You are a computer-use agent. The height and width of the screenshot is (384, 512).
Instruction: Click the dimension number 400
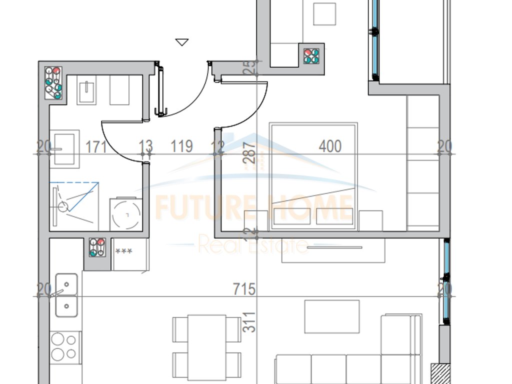coord(330,146)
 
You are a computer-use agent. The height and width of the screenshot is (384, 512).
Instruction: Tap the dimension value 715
coord(244,289)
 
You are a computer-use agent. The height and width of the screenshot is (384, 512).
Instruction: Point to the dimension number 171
coord(96,146)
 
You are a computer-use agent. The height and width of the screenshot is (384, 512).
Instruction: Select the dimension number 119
coord(181,146)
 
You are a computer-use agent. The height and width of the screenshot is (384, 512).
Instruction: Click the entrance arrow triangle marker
coord(182,42)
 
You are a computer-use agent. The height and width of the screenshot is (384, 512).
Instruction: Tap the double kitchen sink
coord(66,295)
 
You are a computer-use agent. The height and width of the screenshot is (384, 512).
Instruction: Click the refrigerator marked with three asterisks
coord(130,254)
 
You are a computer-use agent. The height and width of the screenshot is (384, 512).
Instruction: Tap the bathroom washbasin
coord(64,148)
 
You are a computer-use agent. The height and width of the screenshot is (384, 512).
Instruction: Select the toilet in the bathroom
coord(87,89)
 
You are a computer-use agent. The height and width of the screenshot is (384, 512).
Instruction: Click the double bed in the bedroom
coord(313,176)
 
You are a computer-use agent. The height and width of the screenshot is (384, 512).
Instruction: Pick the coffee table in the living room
coord(332,316)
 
